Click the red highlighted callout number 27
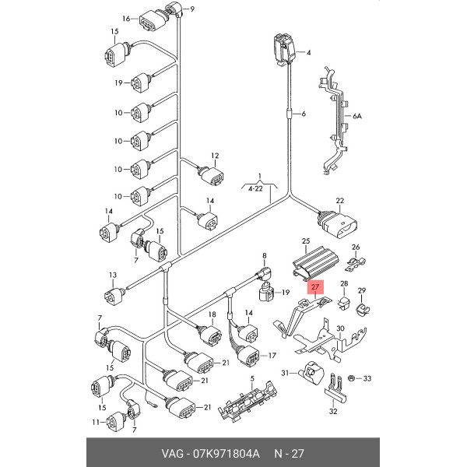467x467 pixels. [x=315, y=287]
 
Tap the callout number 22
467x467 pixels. [x=339, y=201]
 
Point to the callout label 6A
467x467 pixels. [x=357, y=116]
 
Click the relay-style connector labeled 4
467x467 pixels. [x=284, y=49]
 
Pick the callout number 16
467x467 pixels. [x=126, y=19]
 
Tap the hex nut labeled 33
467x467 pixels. [x=352, y=378]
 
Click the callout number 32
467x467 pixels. [x=333, y=411]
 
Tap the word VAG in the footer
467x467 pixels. [x=173, y=454]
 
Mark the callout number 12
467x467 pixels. [x=215, y=156]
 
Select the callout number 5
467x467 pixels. [x=252, y=379]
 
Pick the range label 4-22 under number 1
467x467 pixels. [x=255, y=188]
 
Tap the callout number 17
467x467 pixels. [x=272, y=356]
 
